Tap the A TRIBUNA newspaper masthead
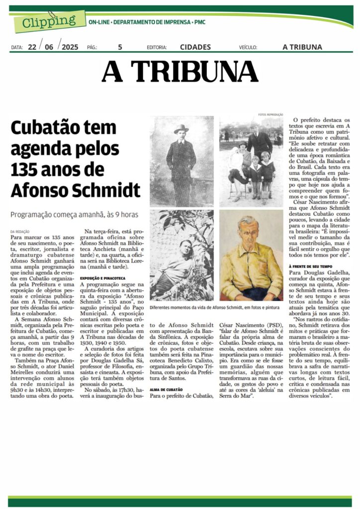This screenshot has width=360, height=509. point(180,72)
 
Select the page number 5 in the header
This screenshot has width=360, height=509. point(120,47)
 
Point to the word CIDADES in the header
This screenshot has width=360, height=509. point(194,47)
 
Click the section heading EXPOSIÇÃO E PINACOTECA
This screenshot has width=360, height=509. point(103,278)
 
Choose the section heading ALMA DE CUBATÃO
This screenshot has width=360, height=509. point(166,389)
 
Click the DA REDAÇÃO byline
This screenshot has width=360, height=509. point(20,232)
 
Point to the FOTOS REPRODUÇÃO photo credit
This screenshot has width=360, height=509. point(270,114)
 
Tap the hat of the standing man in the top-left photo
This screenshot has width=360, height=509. point(181,129)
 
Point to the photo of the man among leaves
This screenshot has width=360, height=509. point(181,255)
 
